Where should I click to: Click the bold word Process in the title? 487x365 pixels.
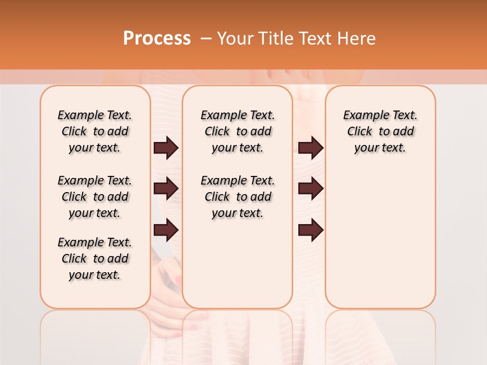click(x=157, y=39)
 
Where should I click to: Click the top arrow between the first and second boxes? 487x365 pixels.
click(x=166, y=148)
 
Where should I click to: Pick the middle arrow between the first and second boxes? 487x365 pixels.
click(x=166, y=189)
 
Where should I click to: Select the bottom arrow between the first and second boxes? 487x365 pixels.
click(x=166, y=230)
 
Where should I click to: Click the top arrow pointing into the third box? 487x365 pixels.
click(x=310, y=148)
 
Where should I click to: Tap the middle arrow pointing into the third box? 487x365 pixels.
click(x=310, y=189)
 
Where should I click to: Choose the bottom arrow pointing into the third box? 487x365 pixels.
click(x=310, y=230)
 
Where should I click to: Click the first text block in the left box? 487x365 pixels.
click(x=95, y=131)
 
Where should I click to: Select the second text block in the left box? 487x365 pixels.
click(x=95, y=197)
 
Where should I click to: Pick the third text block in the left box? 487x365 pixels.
click(x=95, y=259)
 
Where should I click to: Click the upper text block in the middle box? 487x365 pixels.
click(x=237, y=131)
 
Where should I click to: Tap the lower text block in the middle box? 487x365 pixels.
click(x=237, y=197)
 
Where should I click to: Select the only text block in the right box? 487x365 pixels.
click(x=380, y=131)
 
